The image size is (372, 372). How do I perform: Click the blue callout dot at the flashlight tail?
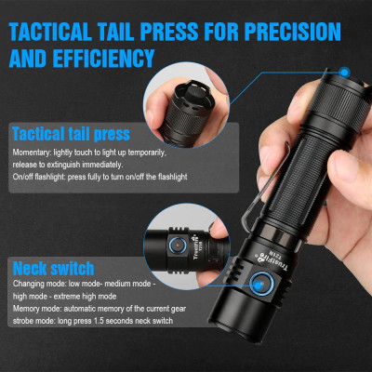click(x=343, y=71)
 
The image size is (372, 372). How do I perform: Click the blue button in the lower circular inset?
click(x=176, y=244)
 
